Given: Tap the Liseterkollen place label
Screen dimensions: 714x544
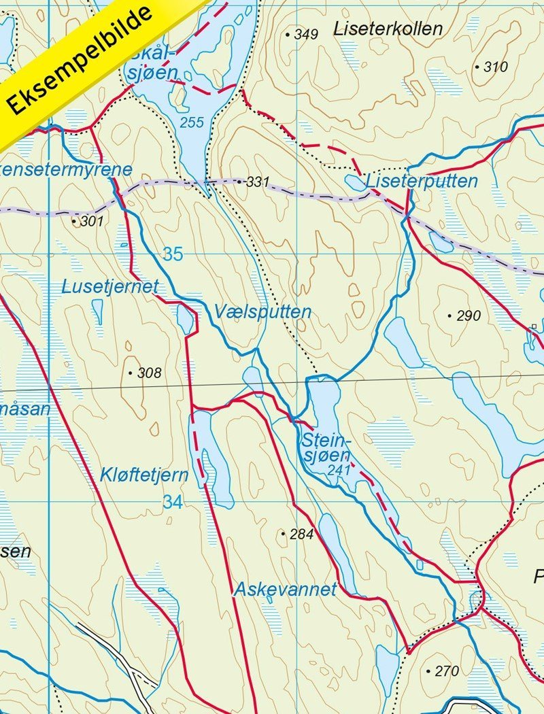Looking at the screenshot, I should (388, 29).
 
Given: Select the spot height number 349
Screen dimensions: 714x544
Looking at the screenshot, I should (306, 34).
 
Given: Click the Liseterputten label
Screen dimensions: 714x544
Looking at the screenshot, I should (422, 182).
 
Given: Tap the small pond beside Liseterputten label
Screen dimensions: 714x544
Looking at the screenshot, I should (355, 182).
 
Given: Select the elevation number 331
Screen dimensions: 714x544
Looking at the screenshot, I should (258, 182).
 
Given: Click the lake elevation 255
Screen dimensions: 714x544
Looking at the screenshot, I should (192, 122).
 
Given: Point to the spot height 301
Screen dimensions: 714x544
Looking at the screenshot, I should (91, 221).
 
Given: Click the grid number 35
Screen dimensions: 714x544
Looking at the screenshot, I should (173, 254).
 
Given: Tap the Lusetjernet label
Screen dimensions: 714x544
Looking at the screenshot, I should (109, 286).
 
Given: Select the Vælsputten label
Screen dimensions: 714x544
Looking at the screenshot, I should (262, 312).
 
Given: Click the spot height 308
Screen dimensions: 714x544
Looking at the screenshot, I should (149, 373).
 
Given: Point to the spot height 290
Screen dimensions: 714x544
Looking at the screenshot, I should (469, 316).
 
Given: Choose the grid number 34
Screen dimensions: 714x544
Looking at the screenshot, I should (173, 503).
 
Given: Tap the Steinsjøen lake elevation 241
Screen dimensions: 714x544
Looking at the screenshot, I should (337, 469).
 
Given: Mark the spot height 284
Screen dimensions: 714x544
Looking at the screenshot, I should (301, 534).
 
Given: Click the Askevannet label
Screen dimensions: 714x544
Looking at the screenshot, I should (285, 590).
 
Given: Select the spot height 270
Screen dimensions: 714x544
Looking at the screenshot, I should (447, 671).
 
